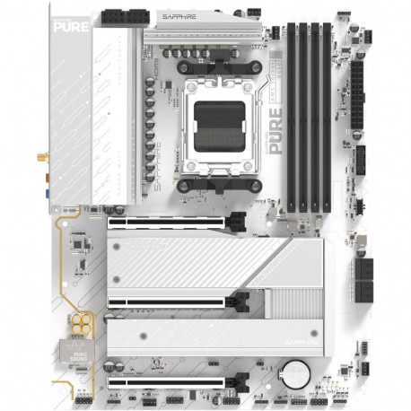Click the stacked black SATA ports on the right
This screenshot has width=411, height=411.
(x=365, y=278)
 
